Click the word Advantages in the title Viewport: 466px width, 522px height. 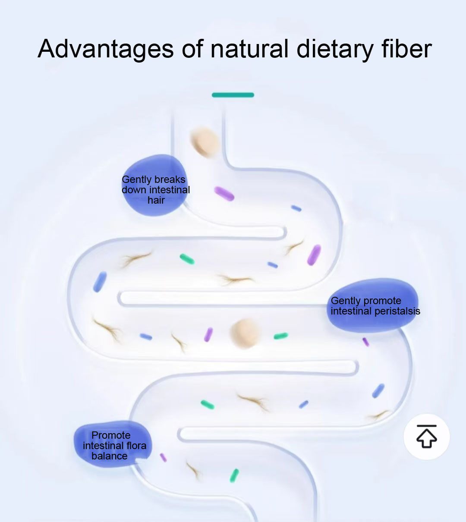[x=106, y=49]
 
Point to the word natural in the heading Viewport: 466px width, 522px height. [x=249, y=48]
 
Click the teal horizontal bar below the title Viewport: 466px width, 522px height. [x=233, y=95]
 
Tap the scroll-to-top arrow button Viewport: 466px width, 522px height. [x=427, y=437]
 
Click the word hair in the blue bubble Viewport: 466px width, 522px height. [x=156, y=200]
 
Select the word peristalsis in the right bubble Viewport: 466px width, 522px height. [x=397, y=311]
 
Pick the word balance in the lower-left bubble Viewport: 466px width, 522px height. [x=109, y=456]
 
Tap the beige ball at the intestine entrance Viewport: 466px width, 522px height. [x=205, y=142]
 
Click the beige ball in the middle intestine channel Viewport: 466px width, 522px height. [x=245, y=333]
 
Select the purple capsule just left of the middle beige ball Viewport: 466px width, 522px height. [x=208, y=334]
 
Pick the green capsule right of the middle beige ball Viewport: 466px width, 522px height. [x=281, y=336]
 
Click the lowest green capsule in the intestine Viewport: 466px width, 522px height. [x=234, y=475]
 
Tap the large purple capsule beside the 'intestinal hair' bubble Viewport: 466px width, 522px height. [x=224, y=194]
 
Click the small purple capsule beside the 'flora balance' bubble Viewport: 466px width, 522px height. [x=164, y=458]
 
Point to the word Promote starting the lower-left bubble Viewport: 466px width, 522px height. [x=111, y=435]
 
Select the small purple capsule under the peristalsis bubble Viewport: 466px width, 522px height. [x=366, y=342]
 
